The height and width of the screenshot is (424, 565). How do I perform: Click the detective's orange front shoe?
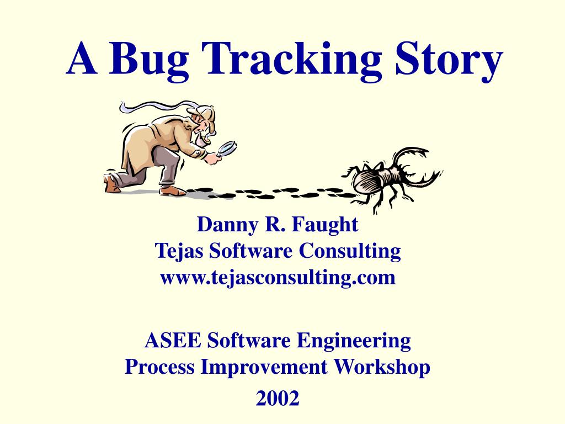[173, 190]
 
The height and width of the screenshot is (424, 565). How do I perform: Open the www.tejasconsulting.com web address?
[278, 277]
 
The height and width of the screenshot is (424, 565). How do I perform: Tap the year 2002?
[278, 397]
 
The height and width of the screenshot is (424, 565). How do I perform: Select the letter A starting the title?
[81, 60]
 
